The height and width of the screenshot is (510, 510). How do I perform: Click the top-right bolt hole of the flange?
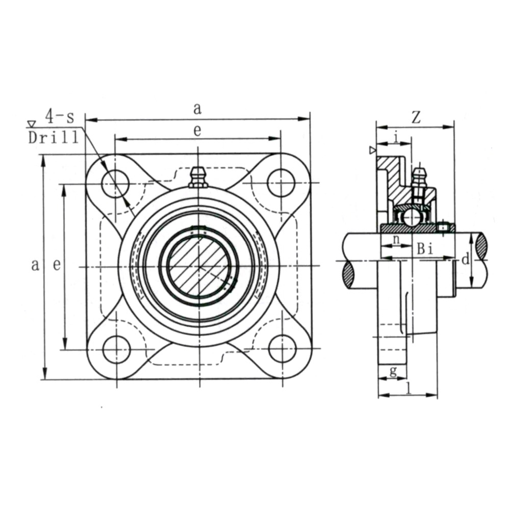pyautogui.click(x=280, y=183)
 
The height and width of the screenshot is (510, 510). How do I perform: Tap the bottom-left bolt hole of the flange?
pyautogui.click(x=116, y=350)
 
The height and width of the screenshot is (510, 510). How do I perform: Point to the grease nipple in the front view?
pyautogui.click(x=198, y=177)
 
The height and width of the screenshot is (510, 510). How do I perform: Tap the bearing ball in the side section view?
pyautogui.click(x=412, y=217)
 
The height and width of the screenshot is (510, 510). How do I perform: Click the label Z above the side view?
pyautogui.click(x=416, y=117)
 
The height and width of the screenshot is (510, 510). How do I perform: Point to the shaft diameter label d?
pyautogui.click(x=466, y=260)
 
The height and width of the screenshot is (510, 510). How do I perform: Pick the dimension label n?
pyautogui.click(x=396, y=239)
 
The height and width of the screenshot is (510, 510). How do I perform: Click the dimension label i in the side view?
pyautogui.click(x=396, y=138)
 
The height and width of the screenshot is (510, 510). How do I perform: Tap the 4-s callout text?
pyautogui.click(x=60, y=117)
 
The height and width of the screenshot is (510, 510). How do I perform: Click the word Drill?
pyautogui.click(x=54, y=138)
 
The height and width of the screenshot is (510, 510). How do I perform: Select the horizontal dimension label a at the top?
pyautogui.click(x=197, y=109)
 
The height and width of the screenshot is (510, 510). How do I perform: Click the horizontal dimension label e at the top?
pyautogui.click(x=197, y=131)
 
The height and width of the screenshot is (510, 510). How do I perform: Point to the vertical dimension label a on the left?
pyautogui.click(x=35, y=265)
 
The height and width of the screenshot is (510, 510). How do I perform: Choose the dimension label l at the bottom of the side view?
pyautogui.click(x=409, y=388)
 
